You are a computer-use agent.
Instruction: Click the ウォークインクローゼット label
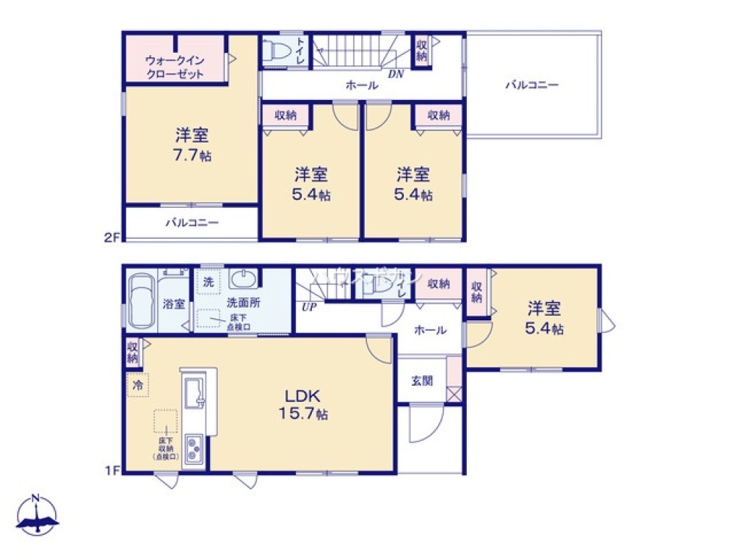tap(174, 66)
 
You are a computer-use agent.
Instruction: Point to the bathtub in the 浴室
tap(142, 302)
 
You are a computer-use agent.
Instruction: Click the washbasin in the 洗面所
tap(242, 279)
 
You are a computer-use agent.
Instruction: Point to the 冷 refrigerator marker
tap(137, 384)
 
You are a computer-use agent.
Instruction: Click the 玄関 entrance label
tap(421, 381)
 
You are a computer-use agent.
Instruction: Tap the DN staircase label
tap(395, 73)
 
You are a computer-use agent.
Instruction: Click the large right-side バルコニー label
tap(531, 85)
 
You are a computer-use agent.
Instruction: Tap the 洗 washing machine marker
tap(208, 281)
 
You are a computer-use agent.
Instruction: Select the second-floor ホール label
tap(362, 85)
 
